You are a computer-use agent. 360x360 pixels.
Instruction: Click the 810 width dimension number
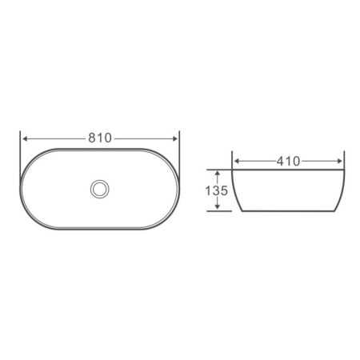(x=99, y=138)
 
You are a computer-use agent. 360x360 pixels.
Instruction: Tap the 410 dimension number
(x=289, y=161)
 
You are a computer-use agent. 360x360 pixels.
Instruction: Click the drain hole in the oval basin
(x=100, y=189)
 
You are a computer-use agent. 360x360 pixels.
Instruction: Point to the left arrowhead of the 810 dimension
(x=24, y=138)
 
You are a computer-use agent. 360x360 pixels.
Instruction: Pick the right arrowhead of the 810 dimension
(x=175, y=138)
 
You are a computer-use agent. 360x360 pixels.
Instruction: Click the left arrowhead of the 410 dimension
(x=236, y=161)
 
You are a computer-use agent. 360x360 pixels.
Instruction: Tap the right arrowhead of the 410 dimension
(x=342, y=161)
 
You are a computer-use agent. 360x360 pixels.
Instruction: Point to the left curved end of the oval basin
(x=22, y=189)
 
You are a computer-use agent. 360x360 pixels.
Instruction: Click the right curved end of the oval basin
(x=178, y=189)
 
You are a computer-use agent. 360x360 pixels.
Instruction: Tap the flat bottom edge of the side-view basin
(x=289, y=211)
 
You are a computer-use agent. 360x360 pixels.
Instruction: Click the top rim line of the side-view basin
(x=289, y=169)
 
